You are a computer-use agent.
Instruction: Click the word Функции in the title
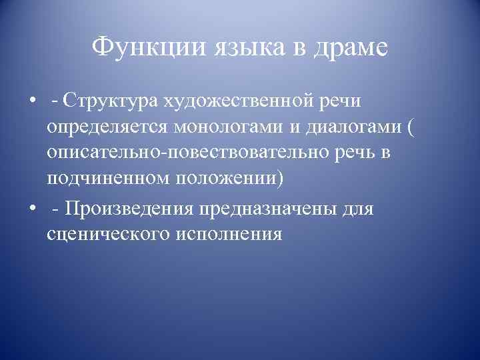click(x=148, y=49)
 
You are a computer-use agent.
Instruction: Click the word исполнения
click(x=227, y=234)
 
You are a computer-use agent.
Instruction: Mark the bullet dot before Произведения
click(x=33, y=209)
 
